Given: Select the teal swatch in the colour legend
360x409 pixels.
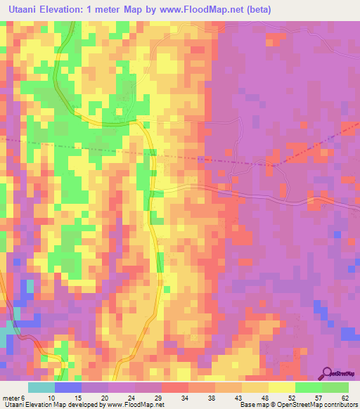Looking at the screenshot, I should (41, 387).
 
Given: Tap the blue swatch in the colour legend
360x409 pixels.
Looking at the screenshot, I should (68, 387).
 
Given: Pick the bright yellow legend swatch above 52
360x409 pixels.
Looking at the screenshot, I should (282, 387).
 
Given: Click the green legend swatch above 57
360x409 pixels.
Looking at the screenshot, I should (309, 387).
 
